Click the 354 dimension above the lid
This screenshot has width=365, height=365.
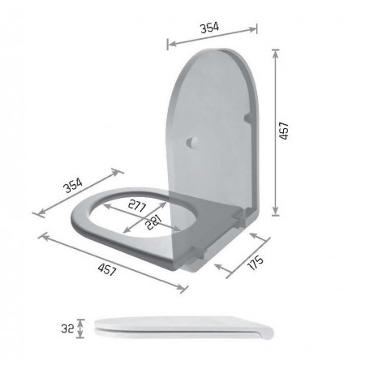click(209, 28)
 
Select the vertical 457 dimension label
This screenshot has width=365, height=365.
click(284, 131)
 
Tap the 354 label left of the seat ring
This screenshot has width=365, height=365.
click(73, 185)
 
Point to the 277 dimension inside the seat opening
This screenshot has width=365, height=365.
click(137, 205)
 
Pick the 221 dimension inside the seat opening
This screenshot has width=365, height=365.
click(153, 222)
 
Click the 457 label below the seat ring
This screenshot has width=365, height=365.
click(107, 269)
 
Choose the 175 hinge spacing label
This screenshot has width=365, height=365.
click(255, 262)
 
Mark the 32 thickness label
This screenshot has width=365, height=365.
click(67, 328)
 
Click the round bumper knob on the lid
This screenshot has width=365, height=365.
click(193, 142)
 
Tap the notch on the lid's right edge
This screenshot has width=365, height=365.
click(249, 118)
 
